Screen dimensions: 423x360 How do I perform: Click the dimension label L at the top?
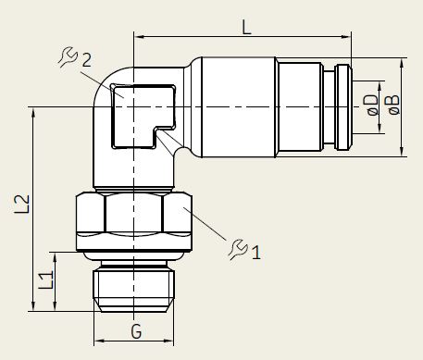click(246, 27)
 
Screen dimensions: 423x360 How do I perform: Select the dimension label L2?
click(22, 204)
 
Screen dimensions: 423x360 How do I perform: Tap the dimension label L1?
click(46, 279)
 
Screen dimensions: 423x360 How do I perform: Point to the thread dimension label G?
click(136, 331)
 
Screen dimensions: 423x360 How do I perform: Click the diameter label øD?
click(373, 105)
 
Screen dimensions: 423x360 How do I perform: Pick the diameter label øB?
click(394, 105)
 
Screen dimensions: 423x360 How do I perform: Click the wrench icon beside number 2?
click(68, 57)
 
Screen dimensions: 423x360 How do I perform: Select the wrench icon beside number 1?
click(238, 249)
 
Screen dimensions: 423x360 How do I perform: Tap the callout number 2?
click(87, 60)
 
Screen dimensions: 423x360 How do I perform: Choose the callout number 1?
click(256, 253)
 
